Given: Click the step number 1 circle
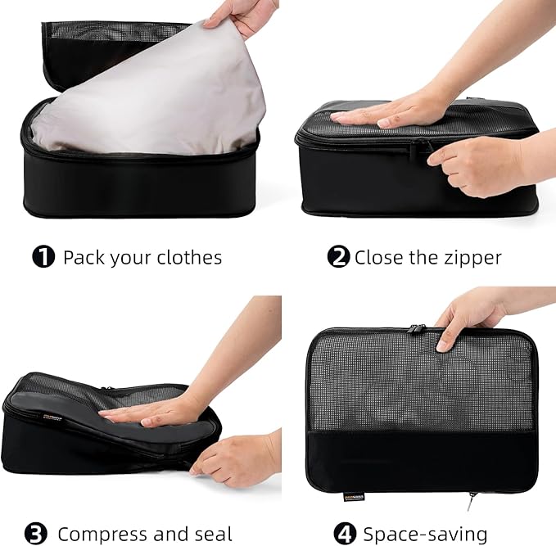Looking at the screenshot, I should [x=43, y=257].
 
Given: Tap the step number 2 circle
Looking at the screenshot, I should [x=338, y=257].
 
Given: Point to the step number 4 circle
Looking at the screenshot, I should [x=346, y=534].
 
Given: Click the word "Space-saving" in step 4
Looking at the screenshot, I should [x=425, y=535].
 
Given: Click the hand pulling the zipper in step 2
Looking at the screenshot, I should [x=476, y=164].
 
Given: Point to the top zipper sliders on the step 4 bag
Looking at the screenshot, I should [x=417, y=329].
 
